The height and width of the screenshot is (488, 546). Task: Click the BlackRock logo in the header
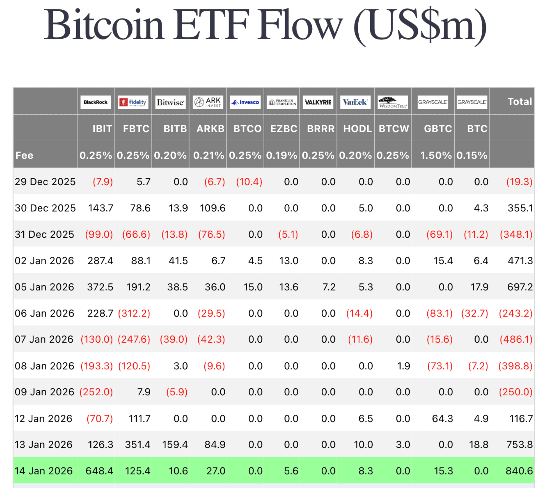click(95, 102)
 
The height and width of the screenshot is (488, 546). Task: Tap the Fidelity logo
click(133, 102)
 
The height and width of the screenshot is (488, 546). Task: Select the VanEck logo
click(355, 102)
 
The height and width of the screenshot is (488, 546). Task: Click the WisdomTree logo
click(393, 102)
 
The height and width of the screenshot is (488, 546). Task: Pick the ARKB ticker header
click(210, 129)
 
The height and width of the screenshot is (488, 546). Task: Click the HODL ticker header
click(357, 129)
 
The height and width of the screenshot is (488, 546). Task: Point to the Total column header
click(519, 101)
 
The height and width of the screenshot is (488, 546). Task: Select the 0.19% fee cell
click(281, 155)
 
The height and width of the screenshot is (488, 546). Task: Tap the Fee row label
click(24, 155)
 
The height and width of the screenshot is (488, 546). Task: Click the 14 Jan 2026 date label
click(44, 471)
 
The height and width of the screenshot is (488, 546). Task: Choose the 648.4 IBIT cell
click(99, 471)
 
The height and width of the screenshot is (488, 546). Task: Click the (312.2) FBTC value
click(134, 313)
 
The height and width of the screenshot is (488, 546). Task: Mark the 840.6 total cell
click(519, 471)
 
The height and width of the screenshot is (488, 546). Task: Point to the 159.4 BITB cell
click(175, 444)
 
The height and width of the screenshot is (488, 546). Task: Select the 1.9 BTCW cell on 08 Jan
click(404, 366)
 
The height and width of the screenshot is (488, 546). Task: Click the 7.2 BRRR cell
click(329, 287)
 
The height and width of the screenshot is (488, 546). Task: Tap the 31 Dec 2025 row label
click(44, 234)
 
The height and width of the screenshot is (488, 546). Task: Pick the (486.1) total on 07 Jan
click(516, 339)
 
